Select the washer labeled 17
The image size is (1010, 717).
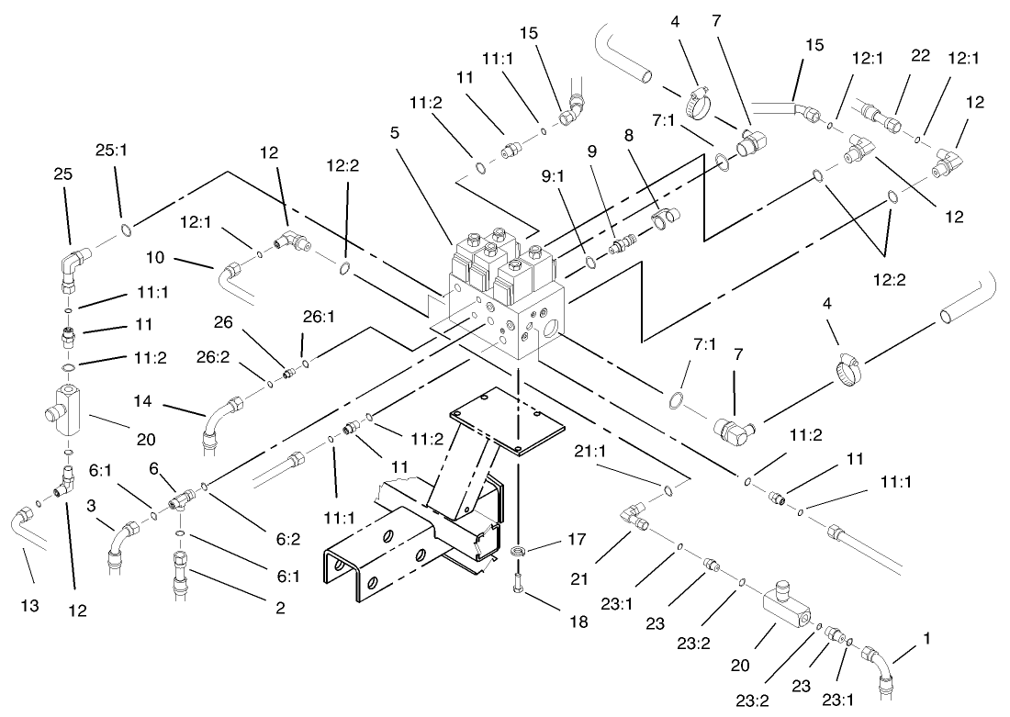pyautogui.click(x=519, y=552)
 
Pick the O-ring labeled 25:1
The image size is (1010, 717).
pyautogui.click(x=123, y=226)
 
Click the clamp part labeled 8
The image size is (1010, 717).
pyautogui.click(x=663, y=217)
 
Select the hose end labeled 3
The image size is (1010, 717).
pyautogui.click(x=125, y=537)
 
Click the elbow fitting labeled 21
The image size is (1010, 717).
pyautogui.click(x=635, y=516)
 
